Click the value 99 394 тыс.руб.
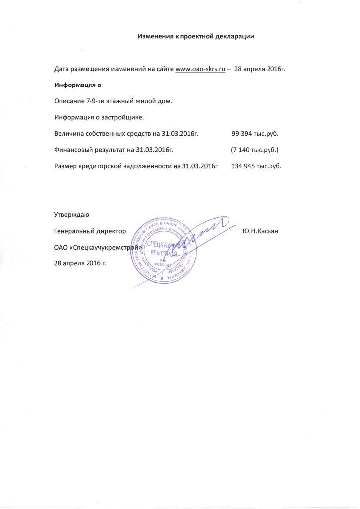(255, 134)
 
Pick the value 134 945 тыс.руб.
(257, 166)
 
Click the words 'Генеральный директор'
(89, 231)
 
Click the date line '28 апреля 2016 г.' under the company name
(80, 263)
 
